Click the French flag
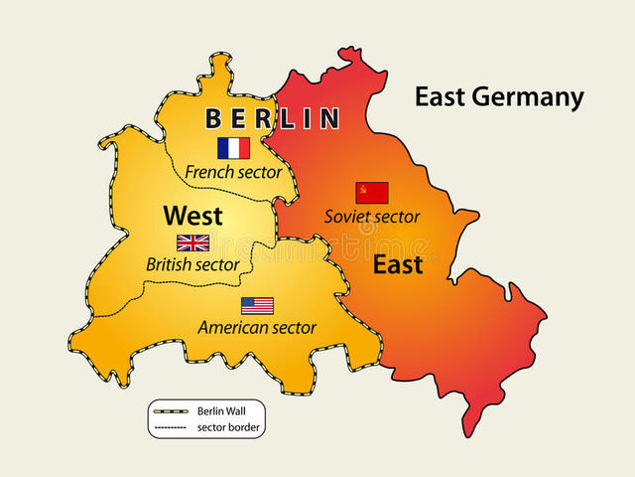coord(233,148)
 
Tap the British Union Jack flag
coord(192,242)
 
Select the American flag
coord(257,305)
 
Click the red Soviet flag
coord(372,192)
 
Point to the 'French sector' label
coord(233,172)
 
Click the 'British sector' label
coord(192,264)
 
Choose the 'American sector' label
coord(257,327)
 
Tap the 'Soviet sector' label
coord(372,216)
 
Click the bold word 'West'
coord(192,215)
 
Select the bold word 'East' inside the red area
coord(398,264)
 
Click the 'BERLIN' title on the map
coord(272,119)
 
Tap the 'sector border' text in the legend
coord(223,427)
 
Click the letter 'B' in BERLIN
coord(213,119)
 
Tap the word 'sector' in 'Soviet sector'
coord(396,216)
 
